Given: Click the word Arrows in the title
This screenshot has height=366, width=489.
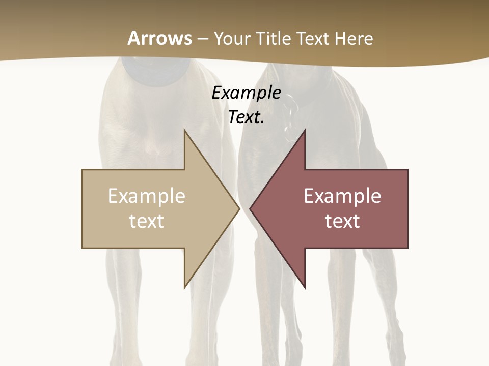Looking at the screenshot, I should (x=159, y=38).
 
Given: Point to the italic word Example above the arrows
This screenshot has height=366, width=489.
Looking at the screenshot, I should (x=246, y=93).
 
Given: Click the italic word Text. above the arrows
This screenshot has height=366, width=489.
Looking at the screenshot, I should (x=246, y=117).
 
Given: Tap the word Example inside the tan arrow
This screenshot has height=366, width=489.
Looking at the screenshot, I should (x=147, y=196).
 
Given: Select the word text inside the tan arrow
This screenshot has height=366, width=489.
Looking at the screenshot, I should (x=147, y=221).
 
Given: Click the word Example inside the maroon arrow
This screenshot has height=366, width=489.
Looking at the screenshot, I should (x=342, y=196).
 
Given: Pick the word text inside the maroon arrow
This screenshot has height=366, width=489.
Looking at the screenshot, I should (x=342, y=221).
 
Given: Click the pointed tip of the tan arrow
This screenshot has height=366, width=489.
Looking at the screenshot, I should (x=239, y=208).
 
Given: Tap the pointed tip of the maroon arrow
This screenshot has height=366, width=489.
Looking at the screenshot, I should (x=250, y=208).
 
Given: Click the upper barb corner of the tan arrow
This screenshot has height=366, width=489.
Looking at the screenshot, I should (x=184, y=130).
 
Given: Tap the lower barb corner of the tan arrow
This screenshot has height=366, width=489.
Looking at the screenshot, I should (x=184, y=287).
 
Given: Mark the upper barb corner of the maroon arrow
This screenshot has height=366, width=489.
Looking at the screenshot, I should (x=305, y=130).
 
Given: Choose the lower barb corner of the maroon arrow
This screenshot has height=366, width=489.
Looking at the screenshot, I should (x=305, y=287).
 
